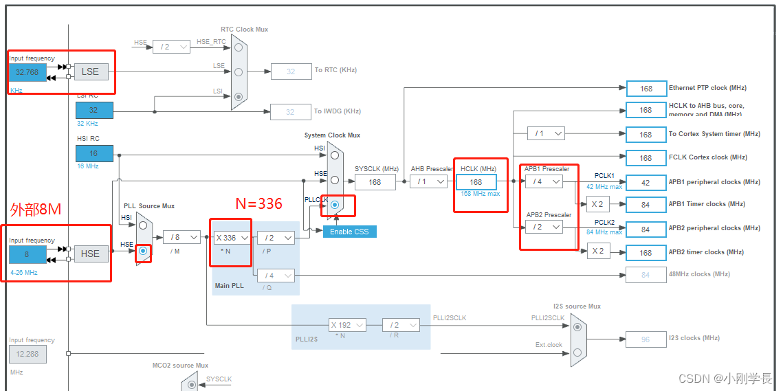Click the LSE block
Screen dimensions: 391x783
(91, 71)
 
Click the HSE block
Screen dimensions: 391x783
(91, 254)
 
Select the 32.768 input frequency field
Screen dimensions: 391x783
(27, 71)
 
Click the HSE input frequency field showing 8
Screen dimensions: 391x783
(27, 254)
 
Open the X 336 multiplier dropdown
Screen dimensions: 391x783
(232, 238)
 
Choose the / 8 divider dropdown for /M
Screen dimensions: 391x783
(181, 238)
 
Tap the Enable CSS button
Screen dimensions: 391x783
(349, 232)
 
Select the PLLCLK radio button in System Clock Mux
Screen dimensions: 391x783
(335, 205)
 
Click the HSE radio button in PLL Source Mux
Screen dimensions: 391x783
(143, 252)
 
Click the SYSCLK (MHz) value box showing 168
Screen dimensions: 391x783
(375, 182)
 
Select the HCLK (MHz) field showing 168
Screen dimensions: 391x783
(476, 182)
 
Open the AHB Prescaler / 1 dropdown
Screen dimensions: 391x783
(428, 182)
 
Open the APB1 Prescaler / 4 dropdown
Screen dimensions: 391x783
(543, 181)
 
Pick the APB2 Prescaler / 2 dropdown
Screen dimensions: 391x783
(543, 227)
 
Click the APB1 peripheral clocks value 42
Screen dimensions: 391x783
(646, 182)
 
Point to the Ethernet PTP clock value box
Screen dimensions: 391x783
(646, 89)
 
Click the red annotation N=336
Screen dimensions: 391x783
(259, 203)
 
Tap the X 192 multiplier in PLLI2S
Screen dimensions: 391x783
(346, 325)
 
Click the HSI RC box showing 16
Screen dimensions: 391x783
(94, 154)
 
